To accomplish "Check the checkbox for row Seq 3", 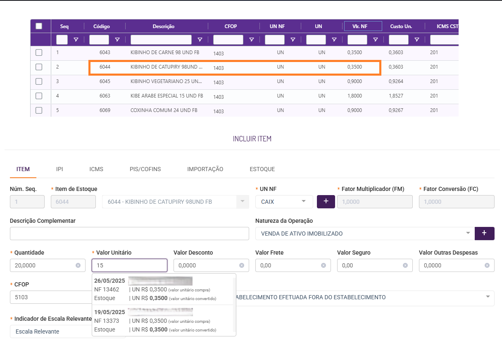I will [x=39, y=81].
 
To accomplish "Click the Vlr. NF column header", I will [x=363, y=26].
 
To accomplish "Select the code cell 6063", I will [x=105, y=96].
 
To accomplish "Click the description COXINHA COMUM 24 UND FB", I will [x=164, y=110].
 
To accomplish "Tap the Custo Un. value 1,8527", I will [x=396, y=96].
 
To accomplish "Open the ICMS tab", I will [x=96, y=169].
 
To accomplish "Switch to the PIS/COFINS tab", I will [x=145, y=169].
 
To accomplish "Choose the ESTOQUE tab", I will [x=262, y=169].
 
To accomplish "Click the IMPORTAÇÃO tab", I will [x=205, y=169].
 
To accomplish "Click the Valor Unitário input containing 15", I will [x=129, y=265].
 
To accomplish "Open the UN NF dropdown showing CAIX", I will [x=284, y=202].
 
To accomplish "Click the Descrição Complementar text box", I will [x=129, y=234].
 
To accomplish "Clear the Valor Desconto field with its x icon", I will [x=242, y=265].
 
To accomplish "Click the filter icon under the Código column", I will [x=117, y=40].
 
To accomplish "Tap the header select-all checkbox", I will [x=39, y=26].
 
